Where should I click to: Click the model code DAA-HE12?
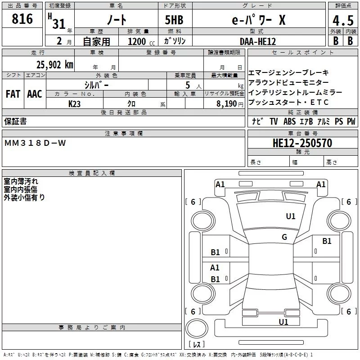click(258, 41)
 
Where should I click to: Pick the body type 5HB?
click(174, 21)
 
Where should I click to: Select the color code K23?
click(75, 103)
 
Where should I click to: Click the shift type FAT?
click(13, 94)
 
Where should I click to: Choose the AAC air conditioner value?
click(35, 94)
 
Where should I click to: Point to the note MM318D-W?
click(35, 143)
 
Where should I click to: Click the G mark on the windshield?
click(284, 237)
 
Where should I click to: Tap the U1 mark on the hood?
click(291, 216)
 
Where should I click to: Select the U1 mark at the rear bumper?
click(283, 322)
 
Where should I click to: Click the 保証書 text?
click(15, 121)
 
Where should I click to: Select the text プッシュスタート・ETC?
click(288, 102)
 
